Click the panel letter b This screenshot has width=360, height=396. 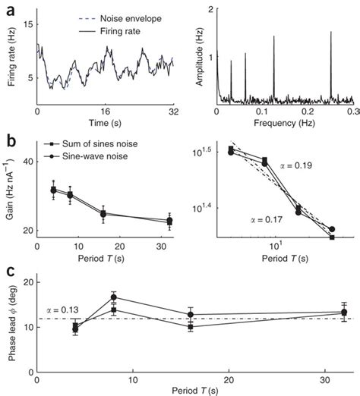[7, 140]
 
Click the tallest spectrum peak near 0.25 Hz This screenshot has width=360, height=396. [331, 33]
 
